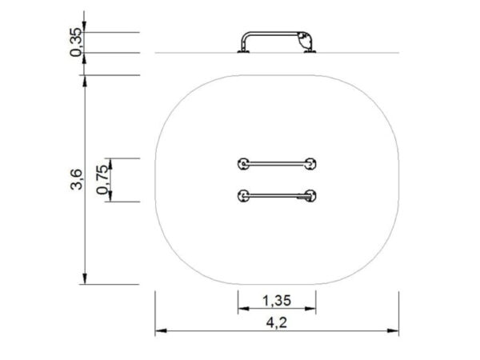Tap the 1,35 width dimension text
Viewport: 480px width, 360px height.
277,302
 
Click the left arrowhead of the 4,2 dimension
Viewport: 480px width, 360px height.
159,330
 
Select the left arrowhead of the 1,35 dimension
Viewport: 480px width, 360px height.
241,309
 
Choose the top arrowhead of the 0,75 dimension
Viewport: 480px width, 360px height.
111,162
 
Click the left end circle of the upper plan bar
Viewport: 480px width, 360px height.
242,164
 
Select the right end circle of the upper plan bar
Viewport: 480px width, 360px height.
310,164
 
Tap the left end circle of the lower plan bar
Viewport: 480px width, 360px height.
242,194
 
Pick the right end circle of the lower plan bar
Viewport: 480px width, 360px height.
310,194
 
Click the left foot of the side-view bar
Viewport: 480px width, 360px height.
242,52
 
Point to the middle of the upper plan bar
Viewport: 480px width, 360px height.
277,164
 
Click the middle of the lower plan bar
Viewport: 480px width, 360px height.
277,194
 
